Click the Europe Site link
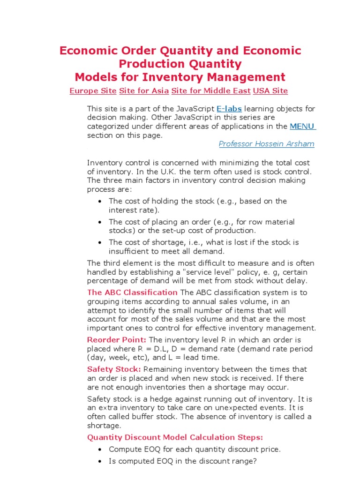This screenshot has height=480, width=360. [x=93, y=91]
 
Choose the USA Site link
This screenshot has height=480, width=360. [x=270, y=91]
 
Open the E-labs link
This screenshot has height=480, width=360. [x=229, y=109]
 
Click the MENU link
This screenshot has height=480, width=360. [x=303, y=126]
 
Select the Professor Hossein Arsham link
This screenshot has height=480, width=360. [x=266, y=144]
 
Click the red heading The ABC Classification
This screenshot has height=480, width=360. [x=132, y=292]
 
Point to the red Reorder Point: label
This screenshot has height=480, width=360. [x=117, y=340]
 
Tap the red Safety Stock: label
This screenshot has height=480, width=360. [x=114, y=369]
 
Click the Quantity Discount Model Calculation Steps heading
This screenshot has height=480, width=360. [x=175, y=437]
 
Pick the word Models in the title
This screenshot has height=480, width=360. [x=97, y=77]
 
